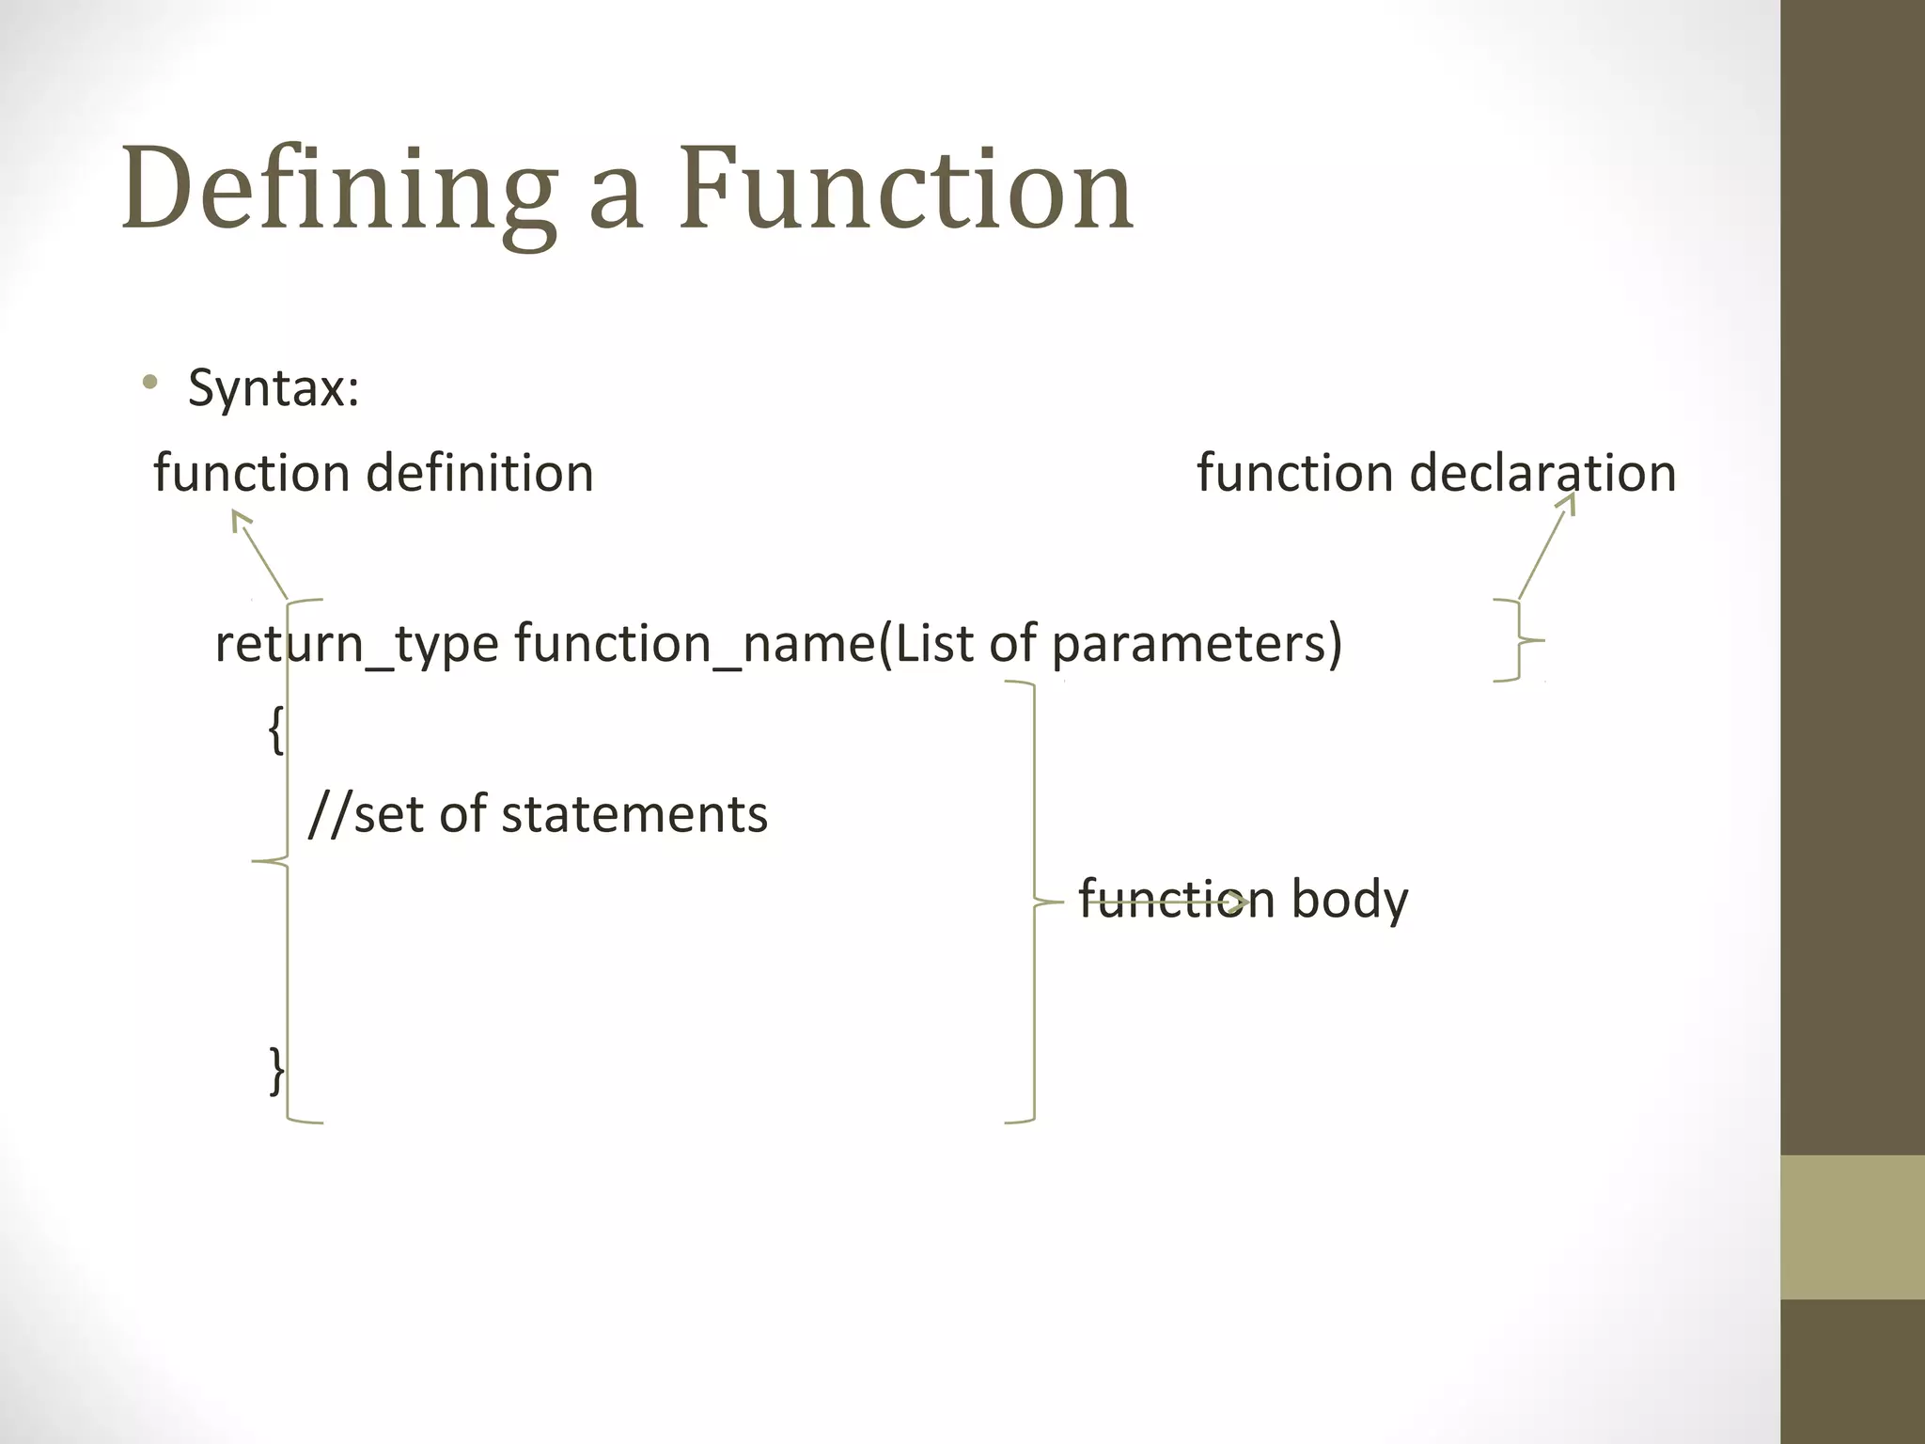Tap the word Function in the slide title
point(906,188)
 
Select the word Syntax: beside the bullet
point(274,387)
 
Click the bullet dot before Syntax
point(149,383)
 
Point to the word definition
point(479,472)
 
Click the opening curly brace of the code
point(275,730)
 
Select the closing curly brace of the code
point(276,1071)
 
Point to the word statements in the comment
point(634,814)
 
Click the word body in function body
point(1350,900)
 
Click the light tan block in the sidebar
point(1853,1227)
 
